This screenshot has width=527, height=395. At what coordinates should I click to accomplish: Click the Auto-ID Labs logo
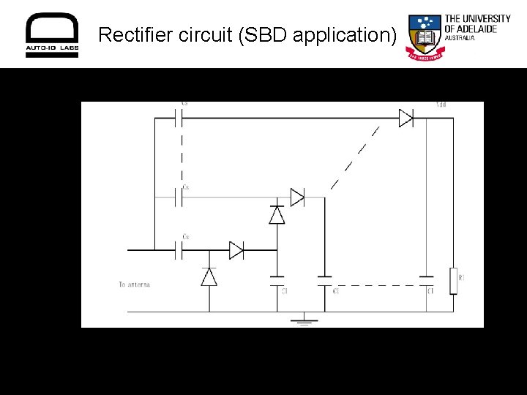click(52, 34)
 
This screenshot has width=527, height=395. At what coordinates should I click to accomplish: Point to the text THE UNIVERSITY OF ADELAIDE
click(477, 25)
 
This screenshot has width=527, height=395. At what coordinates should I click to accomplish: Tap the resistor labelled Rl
click(453, 280)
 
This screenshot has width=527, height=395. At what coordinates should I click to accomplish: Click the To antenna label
click(134, 284)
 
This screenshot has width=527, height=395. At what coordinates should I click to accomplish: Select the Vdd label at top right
click(441, 105)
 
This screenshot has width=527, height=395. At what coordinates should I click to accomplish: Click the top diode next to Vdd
click(406, 118)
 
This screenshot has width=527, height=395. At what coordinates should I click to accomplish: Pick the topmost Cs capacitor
click(180, 118)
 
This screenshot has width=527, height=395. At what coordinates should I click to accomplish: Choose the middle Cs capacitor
click(180, 197)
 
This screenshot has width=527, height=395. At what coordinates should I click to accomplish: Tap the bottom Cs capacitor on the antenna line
click(180, 251)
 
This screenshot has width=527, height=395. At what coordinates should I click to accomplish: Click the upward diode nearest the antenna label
click(209, 276)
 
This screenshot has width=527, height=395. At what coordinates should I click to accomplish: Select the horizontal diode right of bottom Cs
click(236, 251)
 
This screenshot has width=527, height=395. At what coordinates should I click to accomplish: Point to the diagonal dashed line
click(355, 157)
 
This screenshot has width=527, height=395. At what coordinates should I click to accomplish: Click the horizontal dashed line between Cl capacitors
click(375, 285)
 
